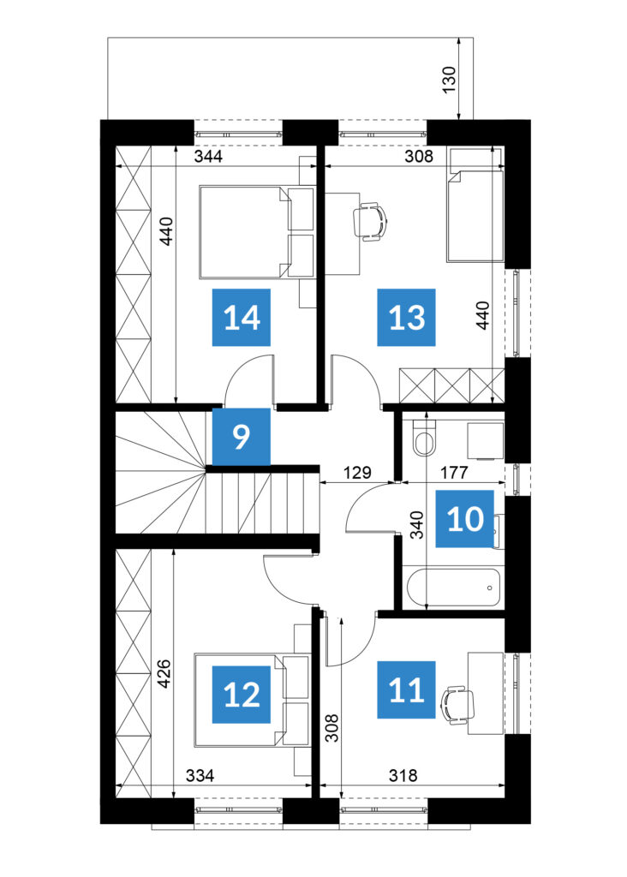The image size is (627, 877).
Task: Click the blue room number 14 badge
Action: pos(241,317)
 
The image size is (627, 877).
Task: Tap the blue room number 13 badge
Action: pos(406,317)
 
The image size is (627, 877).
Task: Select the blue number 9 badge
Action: pos(241,437)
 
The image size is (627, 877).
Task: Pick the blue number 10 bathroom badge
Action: pos(465,519)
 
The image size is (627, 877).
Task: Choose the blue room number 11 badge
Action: pos(406,689)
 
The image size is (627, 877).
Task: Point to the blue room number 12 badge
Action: pos(241,694)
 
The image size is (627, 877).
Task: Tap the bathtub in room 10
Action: pos(453,588)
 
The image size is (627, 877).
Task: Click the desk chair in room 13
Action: pos(370,222)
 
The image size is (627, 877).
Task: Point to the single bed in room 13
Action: pos(475,215)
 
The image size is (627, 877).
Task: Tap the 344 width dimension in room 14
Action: pos(208,156)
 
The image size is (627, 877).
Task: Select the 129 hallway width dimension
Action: pos(357,473)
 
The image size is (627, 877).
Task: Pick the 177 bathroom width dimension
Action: pos(453,473)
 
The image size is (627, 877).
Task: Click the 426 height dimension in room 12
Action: pos(164,675)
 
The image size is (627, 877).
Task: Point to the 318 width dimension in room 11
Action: pos(403,776)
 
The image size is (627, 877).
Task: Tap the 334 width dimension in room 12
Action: pos(200,776)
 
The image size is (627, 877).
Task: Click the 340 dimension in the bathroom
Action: pos(417,525)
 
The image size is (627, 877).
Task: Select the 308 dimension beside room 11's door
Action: pos(332,727)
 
